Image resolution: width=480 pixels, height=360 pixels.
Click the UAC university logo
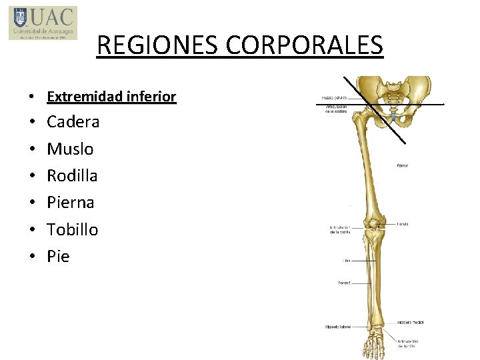click(43, 23)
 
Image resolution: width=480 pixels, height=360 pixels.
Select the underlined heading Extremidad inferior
click(111, 97)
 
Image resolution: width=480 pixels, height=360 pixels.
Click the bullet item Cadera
click(73, 122)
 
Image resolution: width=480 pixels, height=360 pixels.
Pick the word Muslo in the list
click(70, 149)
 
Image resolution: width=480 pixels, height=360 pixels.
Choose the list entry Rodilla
click(72, 176)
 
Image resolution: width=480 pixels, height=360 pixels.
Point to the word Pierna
click(70, 203)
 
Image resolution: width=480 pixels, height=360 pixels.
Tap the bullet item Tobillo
click(72, 230)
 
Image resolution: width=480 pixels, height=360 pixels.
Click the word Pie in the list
click(58, 257)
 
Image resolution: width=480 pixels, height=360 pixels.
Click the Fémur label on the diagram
click(403, 165)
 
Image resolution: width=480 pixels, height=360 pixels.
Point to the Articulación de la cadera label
click(337, 109)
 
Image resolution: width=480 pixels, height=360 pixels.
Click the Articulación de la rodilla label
click(340, 230)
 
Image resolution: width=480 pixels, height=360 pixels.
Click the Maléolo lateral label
click(338, 327)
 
